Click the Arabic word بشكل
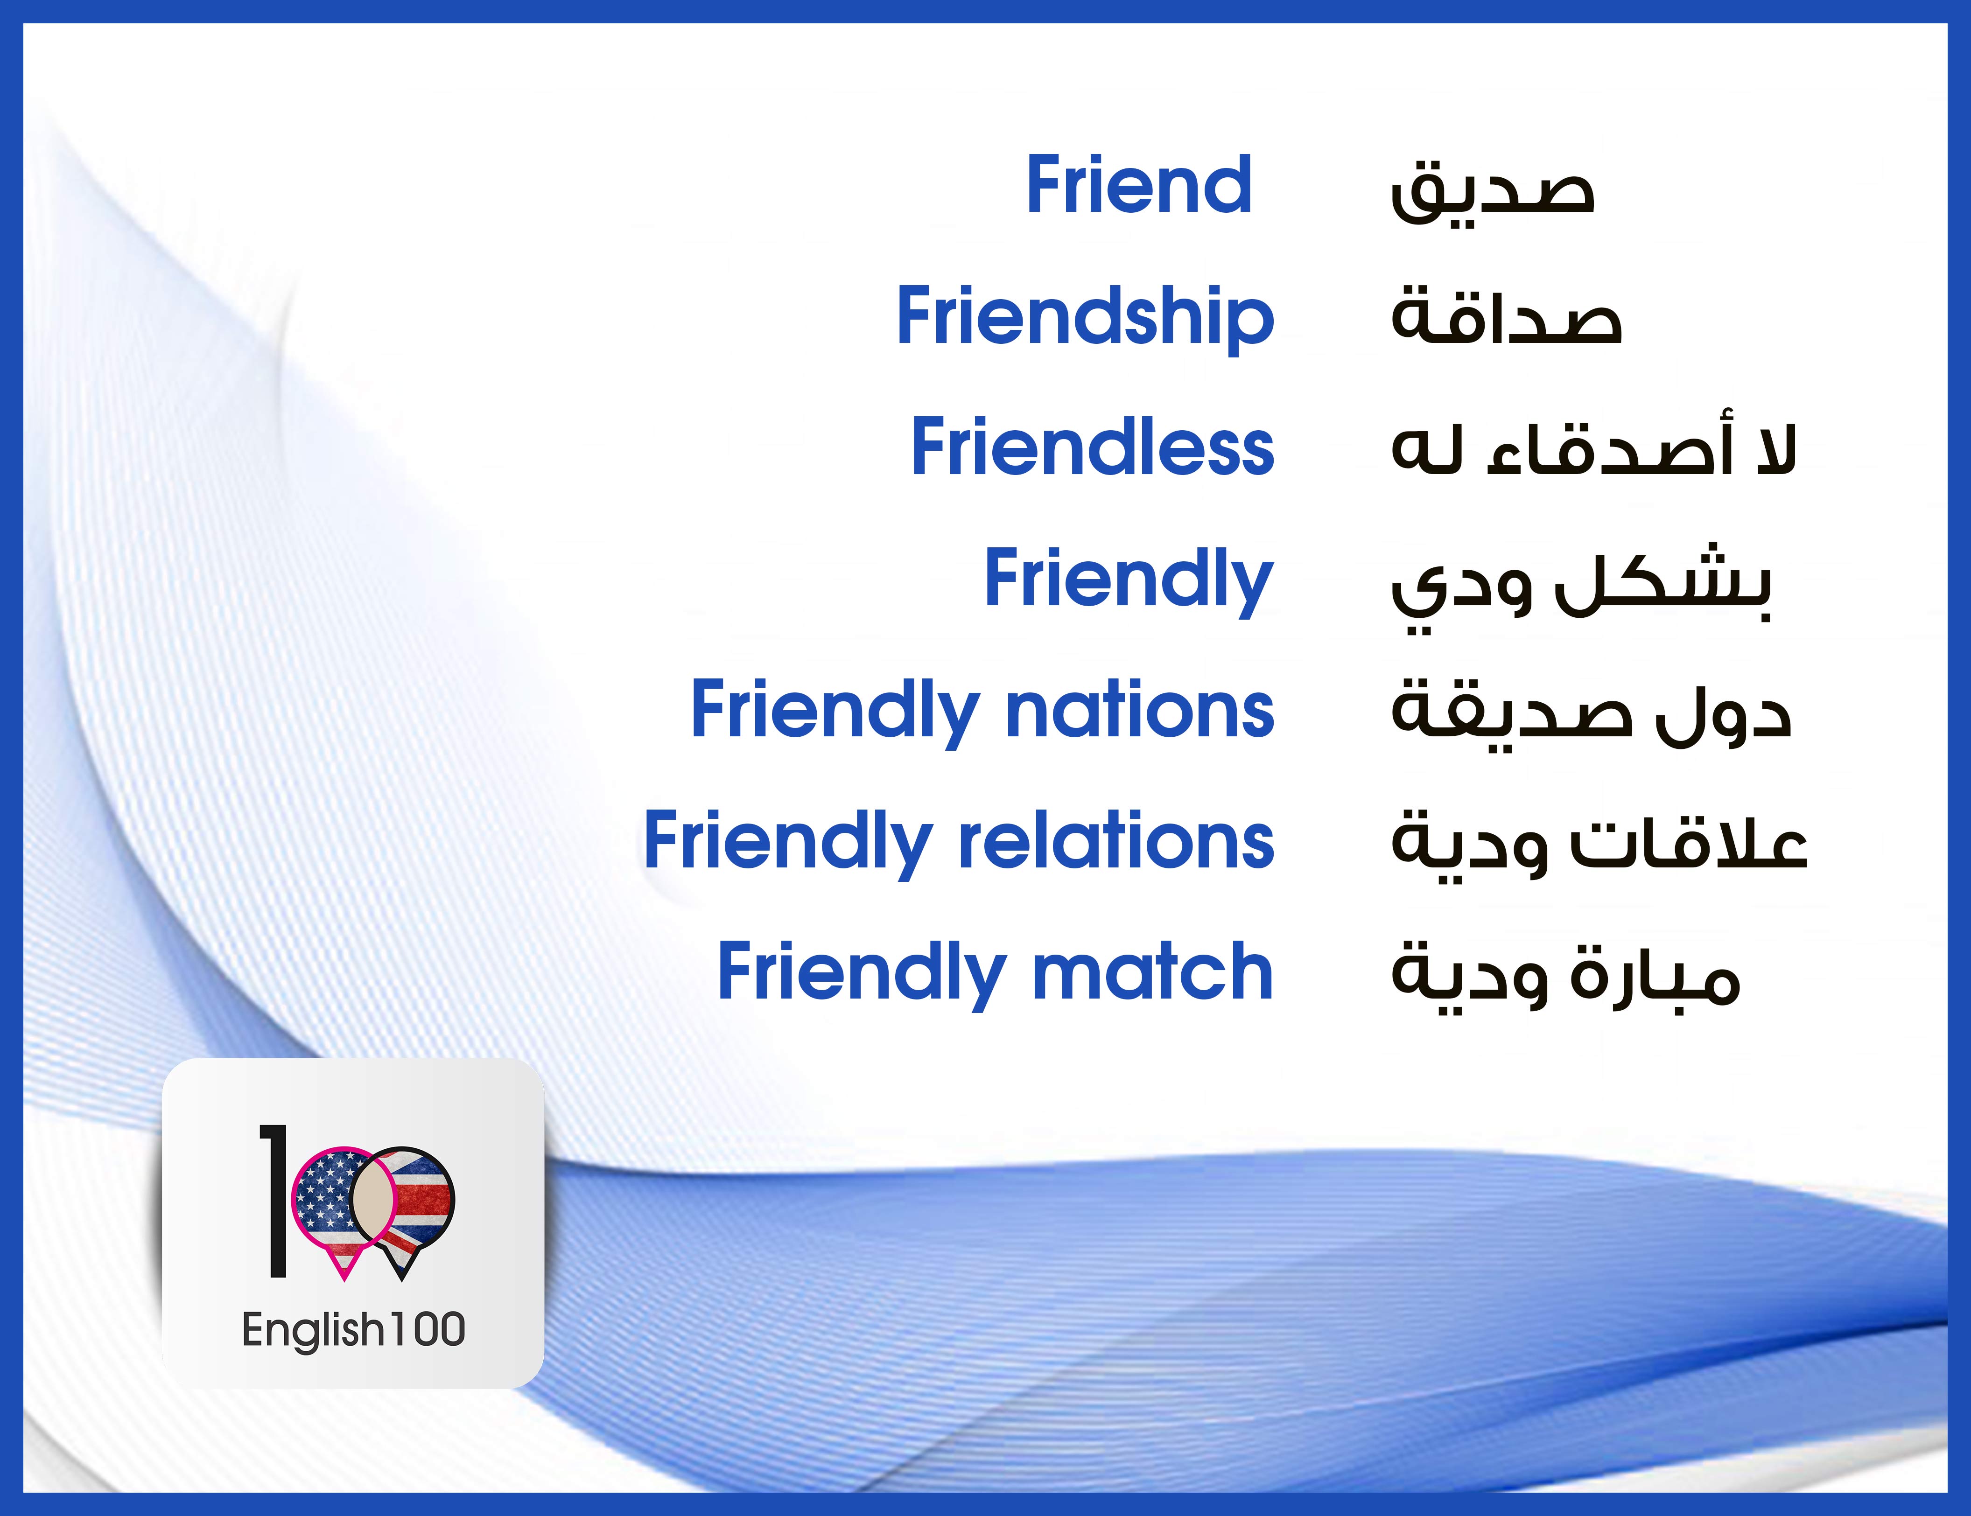(x=1663, y=582)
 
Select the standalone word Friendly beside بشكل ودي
(x=1128, y=580)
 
